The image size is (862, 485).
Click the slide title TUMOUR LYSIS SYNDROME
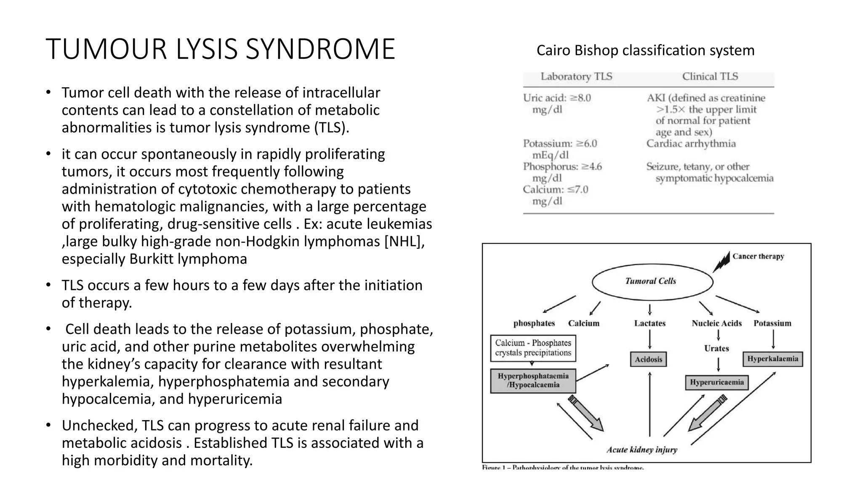coord(220,49)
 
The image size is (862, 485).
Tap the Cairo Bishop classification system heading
coord(645,51)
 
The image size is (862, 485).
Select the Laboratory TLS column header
coord(576,77)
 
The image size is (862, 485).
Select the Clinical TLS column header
coord(710,77)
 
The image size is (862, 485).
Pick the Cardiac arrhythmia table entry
coord(691,144)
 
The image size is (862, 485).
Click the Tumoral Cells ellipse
coord(652,281)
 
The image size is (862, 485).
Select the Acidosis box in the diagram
coord(649,360)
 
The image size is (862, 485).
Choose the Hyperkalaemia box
coord(772,359)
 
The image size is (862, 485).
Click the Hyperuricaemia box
coord(716,382)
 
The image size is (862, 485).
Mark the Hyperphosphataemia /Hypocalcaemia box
coord(533,381)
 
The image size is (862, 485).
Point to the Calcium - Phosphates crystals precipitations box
coord(533,348)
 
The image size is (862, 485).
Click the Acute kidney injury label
coord(641,450)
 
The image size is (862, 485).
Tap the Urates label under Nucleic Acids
coord(716,349)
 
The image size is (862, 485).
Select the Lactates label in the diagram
coord(649,323)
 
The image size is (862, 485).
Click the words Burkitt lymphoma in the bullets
coord(188,259)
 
